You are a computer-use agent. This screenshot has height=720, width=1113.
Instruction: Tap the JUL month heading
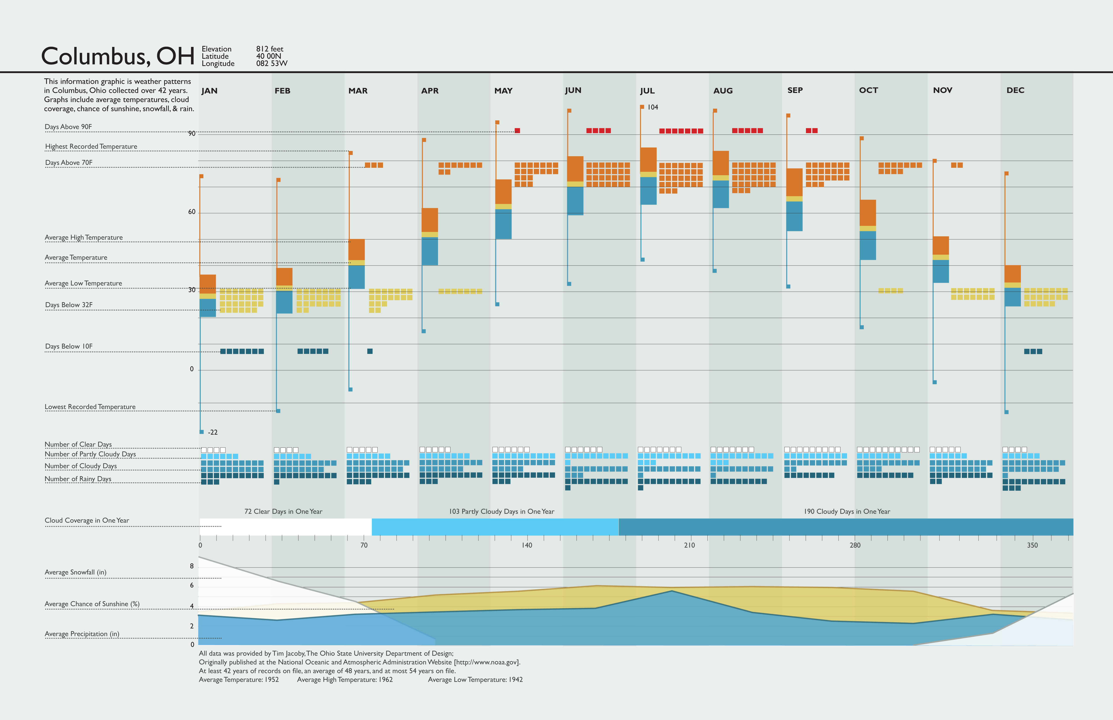pyautogui.click(x=647, y=91)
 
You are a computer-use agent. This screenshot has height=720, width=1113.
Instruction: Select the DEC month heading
pyautogui.click(x=1015, y=90)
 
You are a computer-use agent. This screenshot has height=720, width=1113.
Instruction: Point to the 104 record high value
pyautogui.click(x=653, y=107)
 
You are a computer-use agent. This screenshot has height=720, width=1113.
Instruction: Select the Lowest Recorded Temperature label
pyautogui.click(x=90, y=407)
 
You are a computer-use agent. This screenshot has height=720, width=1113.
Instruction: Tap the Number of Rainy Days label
pyautogui.click(x=78, y=479)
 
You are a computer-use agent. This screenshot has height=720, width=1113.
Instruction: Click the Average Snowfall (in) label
pyautogui.click(x=76, y=572)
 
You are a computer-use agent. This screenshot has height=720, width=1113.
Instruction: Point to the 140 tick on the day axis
pyautogui.click(x=527, y=545)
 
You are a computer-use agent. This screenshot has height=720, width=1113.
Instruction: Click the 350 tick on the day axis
pyautogui.click(x=1032, y=545)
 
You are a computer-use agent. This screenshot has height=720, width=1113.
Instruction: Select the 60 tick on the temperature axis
pyautogui.click(x=192, y=212)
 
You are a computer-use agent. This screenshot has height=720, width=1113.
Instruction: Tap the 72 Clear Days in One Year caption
pyautogui.click(x=283, y=511)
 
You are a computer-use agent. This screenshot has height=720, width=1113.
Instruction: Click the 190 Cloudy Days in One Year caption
pyautogui.click(x=847, y=511)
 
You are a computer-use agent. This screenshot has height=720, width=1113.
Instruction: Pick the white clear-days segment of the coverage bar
pyautogui.click(x=285, y=527)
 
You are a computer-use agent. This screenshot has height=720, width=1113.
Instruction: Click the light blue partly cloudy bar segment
pyautogui.click(x=495, y=527)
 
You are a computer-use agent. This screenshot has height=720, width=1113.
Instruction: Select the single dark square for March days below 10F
pyautogui.click(x=370, y=351)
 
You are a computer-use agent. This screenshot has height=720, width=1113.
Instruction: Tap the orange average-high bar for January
pyautogui.click(x=208, y=284)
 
